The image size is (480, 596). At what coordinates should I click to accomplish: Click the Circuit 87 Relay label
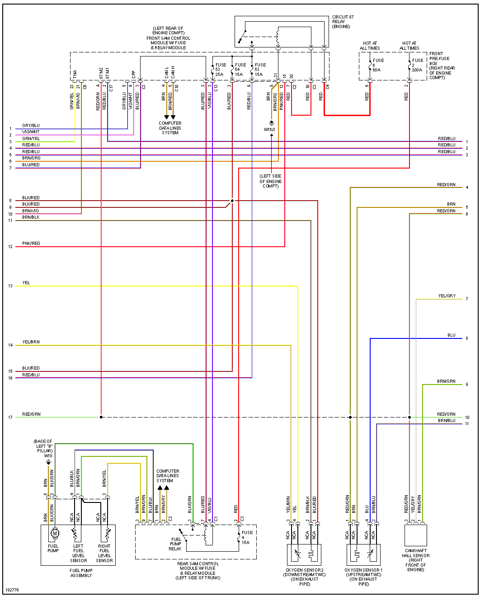(343, 22)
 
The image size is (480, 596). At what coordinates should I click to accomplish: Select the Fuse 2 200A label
(417, 65)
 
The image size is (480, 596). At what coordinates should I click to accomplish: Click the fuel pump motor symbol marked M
(55, 534)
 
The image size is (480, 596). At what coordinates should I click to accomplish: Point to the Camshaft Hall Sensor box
(415, 535)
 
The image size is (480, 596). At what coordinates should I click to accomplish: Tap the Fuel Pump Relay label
(175, 544)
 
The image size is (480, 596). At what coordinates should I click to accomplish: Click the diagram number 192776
(12, 590)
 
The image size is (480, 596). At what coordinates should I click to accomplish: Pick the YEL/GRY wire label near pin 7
(447, 296)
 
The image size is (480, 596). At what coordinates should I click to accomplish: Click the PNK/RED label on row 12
(31, 244)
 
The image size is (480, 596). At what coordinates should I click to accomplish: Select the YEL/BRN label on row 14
(31, 342)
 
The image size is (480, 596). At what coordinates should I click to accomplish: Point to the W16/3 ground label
(270, 130)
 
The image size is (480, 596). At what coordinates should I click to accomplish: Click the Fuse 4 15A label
(246, 537)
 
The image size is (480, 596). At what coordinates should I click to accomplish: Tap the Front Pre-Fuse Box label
(442, 66)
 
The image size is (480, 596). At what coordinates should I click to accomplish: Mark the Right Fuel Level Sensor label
(104, 553)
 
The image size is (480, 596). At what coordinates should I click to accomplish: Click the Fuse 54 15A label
(240, 70)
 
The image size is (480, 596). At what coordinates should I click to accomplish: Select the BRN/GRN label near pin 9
(446, 381)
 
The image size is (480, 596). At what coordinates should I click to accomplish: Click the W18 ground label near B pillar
(48, 456)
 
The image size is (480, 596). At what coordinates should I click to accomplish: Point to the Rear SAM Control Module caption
(198, 571)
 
